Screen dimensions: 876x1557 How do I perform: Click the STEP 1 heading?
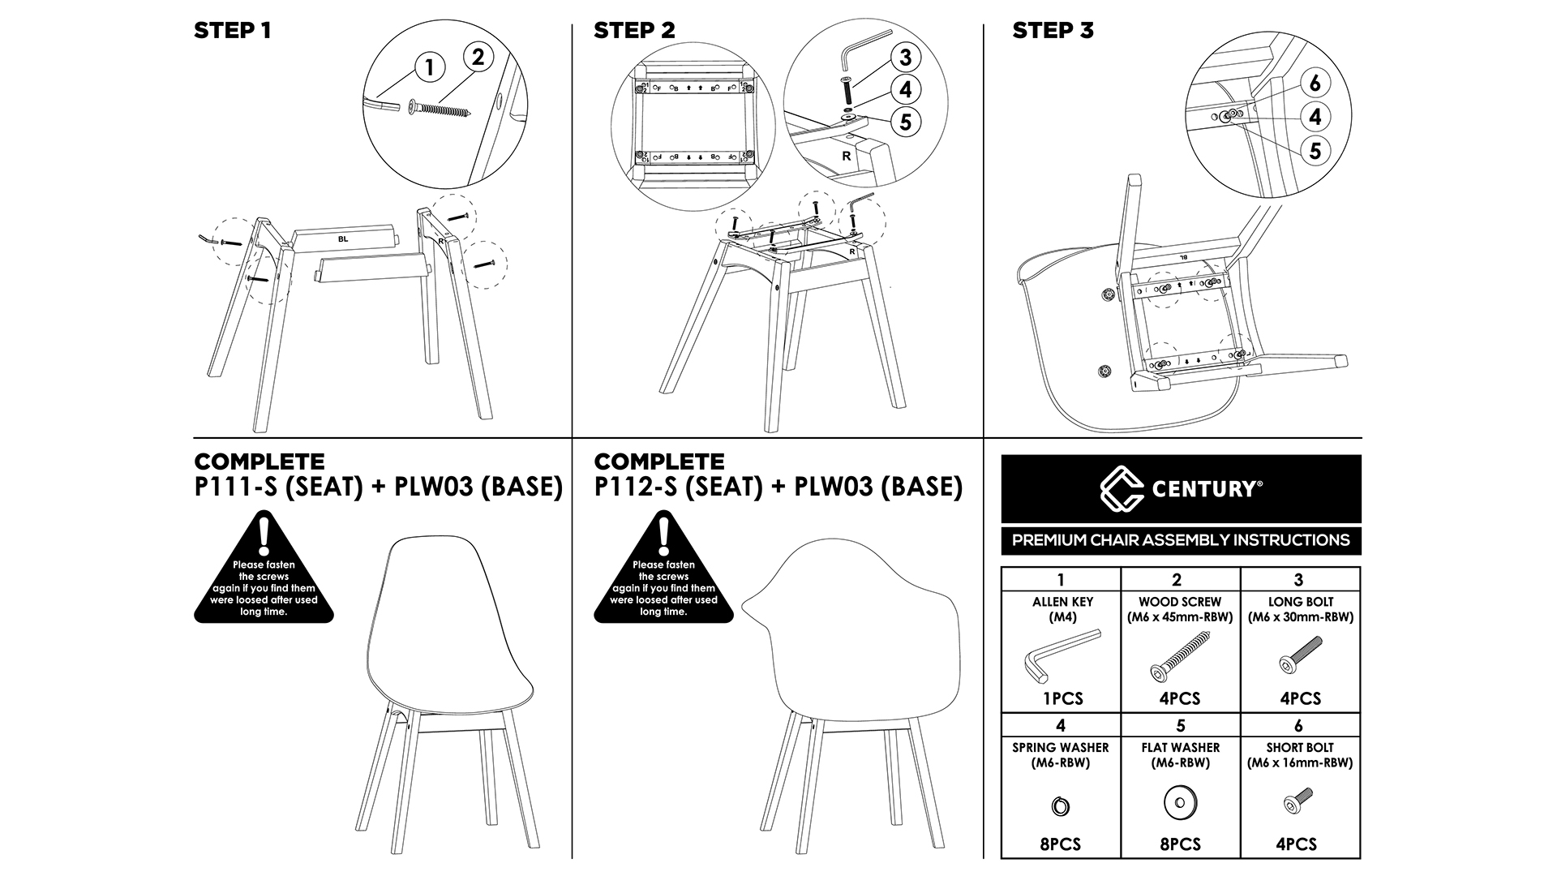[232, 31]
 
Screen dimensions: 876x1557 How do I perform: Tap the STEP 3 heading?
[1053, 31]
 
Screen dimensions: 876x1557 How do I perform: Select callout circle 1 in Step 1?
[430, 67]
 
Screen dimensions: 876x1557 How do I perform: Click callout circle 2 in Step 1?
[478, 57]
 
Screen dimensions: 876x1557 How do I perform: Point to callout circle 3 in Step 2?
[905, 58]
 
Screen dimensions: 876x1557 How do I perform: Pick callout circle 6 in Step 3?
[1315, 83]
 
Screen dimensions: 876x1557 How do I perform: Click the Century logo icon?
[1122, 488]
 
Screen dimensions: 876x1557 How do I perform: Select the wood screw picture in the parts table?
[1178, 658]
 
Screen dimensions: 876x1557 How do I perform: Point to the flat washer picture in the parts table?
[1180, 804]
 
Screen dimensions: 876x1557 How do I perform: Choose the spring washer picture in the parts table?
[1061, 806]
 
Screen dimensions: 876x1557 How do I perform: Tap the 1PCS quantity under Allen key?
[1062, 698]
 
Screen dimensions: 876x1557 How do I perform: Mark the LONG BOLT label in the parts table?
[1300, 602]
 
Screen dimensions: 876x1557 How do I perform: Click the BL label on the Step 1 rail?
[343, 239]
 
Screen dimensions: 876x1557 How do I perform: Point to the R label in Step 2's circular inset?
[847, 156]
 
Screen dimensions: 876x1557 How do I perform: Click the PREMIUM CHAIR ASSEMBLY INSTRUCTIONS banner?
[1181, 540]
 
